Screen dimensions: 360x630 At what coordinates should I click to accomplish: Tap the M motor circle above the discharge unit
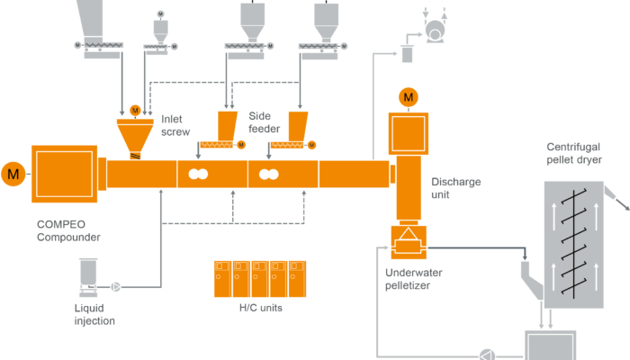409,95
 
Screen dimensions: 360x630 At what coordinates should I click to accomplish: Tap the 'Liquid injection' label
94,313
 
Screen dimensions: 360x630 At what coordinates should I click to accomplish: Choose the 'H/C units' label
260,308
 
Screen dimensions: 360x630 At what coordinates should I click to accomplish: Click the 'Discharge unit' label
456,186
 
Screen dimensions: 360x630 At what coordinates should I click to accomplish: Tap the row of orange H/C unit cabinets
259,278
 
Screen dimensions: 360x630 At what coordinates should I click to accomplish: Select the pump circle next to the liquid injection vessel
116,287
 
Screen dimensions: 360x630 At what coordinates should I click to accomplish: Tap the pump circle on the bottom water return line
490,354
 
